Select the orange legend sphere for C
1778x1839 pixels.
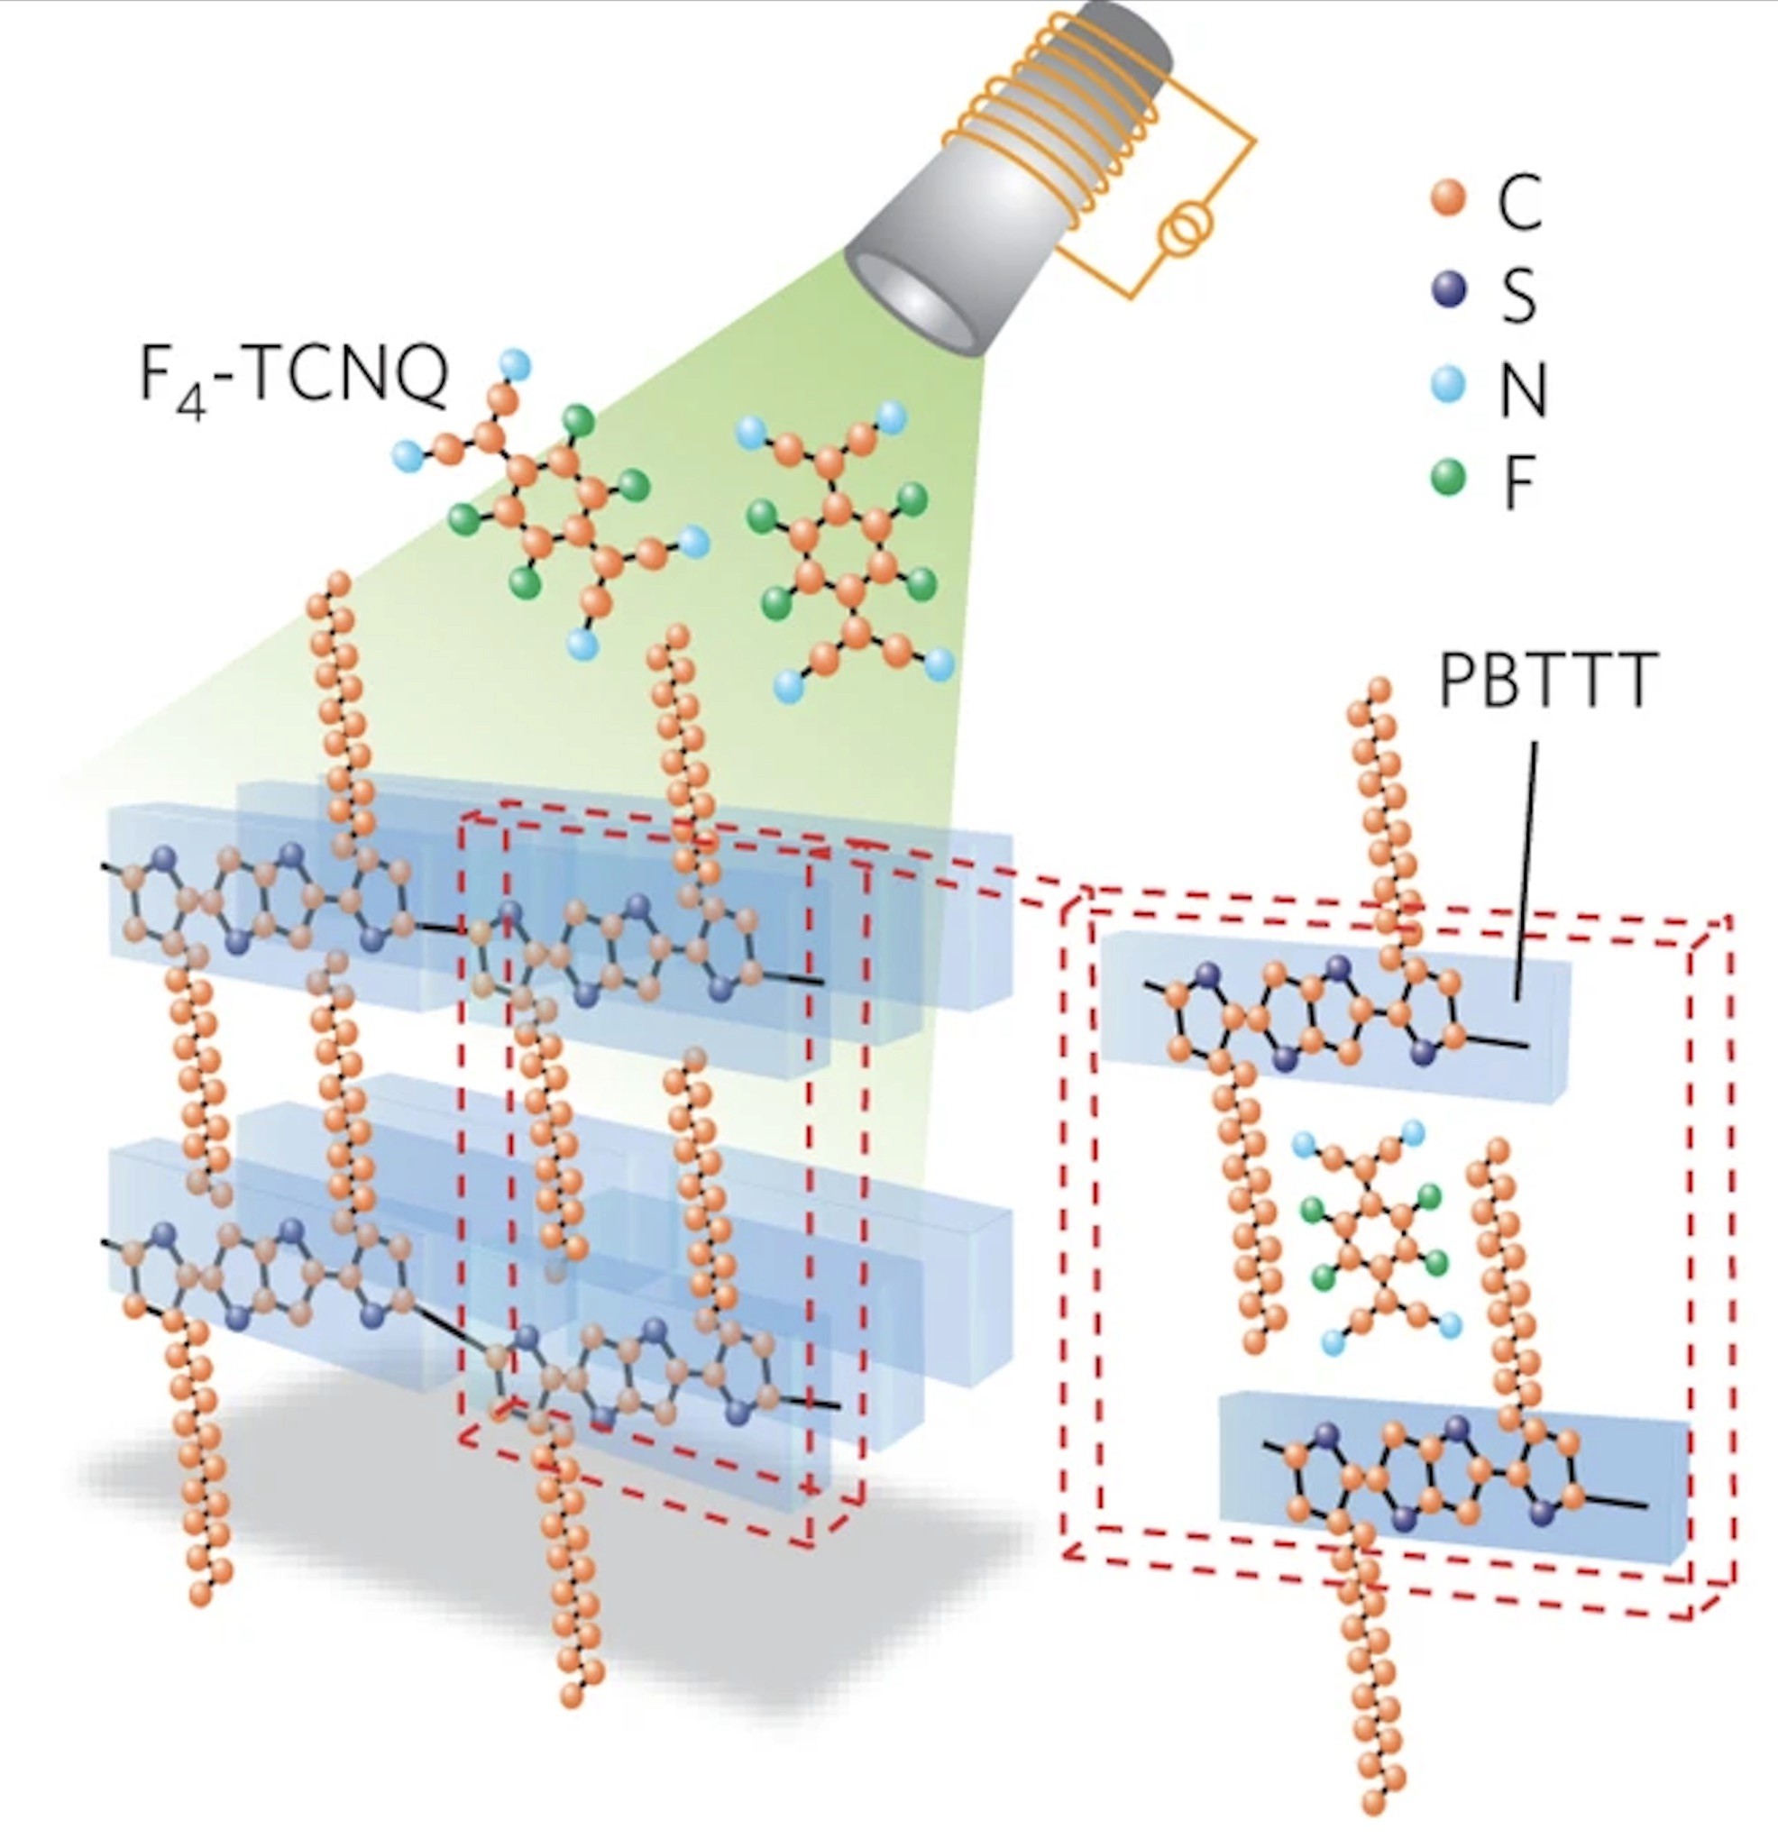click(1448, 200)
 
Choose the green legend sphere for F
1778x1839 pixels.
click(1448, 478)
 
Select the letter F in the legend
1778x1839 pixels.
click(1518, 480)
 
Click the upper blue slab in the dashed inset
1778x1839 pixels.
click(1333, 1018)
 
